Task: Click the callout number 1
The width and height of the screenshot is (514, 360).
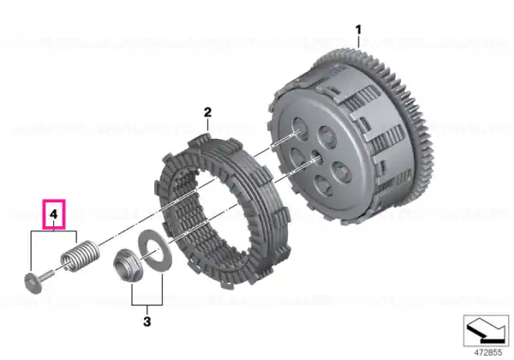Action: (358, 30)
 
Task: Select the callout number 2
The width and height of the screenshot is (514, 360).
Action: (207, 112)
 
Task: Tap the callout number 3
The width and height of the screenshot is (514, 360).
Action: (147, 321)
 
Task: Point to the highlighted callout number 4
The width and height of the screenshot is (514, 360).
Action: (54, 214)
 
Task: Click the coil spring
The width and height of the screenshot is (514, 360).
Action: (80, 256)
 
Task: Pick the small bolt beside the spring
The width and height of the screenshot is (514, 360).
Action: (39, 279)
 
